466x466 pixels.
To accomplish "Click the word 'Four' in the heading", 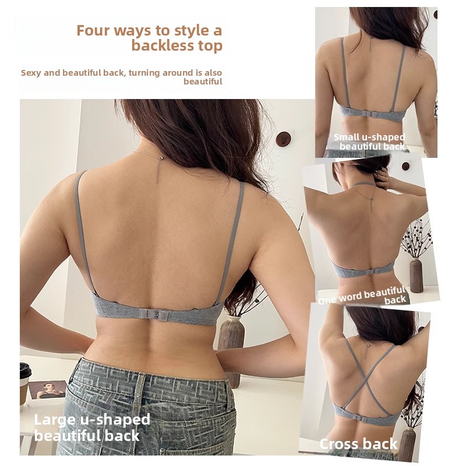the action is coord(93,31).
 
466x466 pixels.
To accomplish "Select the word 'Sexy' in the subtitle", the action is coord(31,73).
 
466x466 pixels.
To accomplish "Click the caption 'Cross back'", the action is coord(358,444).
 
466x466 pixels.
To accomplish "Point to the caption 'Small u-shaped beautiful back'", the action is coord(369,142).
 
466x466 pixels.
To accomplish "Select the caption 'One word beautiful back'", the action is coord(362,296).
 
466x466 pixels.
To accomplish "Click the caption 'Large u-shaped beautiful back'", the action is coord(92,428).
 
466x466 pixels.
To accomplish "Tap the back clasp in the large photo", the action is coord(154,314).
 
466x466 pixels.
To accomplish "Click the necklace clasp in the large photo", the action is coord(161,158).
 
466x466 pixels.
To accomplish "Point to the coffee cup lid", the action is coord(25,370).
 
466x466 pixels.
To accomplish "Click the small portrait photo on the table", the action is coord(47,390).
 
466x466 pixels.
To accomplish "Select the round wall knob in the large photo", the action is coord(283,139).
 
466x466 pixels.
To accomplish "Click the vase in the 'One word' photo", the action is coord(416,275).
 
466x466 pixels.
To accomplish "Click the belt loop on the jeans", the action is coord(139,396).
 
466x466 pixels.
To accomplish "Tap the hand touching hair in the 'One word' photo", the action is coord(383,178).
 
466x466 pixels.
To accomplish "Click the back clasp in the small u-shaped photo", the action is coord(372,115).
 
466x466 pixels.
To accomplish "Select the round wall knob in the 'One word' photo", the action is coord(405,166).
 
